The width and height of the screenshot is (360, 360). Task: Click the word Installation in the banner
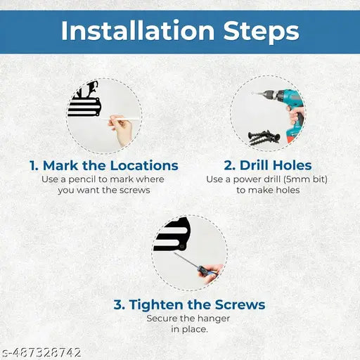tap(138, 30)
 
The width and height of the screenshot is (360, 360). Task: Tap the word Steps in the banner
tap(261, 32)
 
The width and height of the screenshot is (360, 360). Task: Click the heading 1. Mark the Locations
tap(104, 165)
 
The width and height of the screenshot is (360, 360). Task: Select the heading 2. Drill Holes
tap(268, 165)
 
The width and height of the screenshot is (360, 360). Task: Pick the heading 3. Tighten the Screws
tap(189, 304)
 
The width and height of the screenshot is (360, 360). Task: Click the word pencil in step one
tap(82, 180)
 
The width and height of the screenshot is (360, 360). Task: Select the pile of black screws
tap(264, 138)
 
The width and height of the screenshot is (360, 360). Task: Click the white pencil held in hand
tap(120, 119)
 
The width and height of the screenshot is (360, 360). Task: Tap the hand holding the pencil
tap(121, 129)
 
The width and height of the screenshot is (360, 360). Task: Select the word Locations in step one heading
tap(144, 165)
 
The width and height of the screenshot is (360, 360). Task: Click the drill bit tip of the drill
tap(253, 93)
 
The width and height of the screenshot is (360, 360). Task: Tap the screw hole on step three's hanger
tap(182, 247)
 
